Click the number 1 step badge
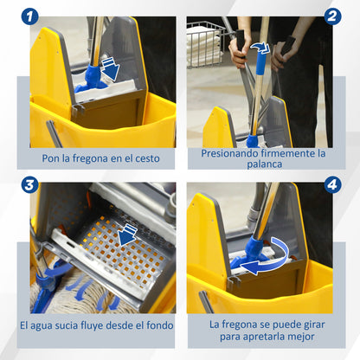point(29,16)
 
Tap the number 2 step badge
point(332,16)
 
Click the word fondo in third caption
point(157,325)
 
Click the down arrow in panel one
point(111,68)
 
